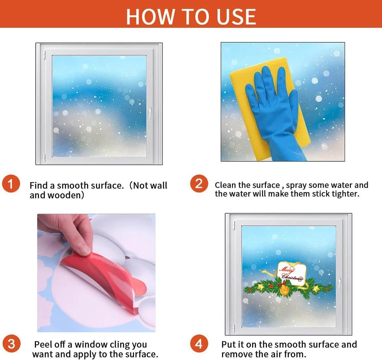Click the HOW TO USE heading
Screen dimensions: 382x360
[191, 16]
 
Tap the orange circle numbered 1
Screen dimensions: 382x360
[11, 184]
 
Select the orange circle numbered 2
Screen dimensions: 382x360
[199, 184]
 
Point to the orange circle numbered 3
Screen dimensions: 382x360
[11, 344]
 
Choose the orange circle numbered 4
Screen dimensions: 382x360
[199, 344]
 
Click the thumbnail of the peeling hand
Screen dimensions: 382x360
[96, 273]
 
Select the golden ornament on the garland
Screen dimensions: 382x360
[284, 290]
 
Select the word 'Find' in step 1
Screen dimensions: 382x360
[39, 185]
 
